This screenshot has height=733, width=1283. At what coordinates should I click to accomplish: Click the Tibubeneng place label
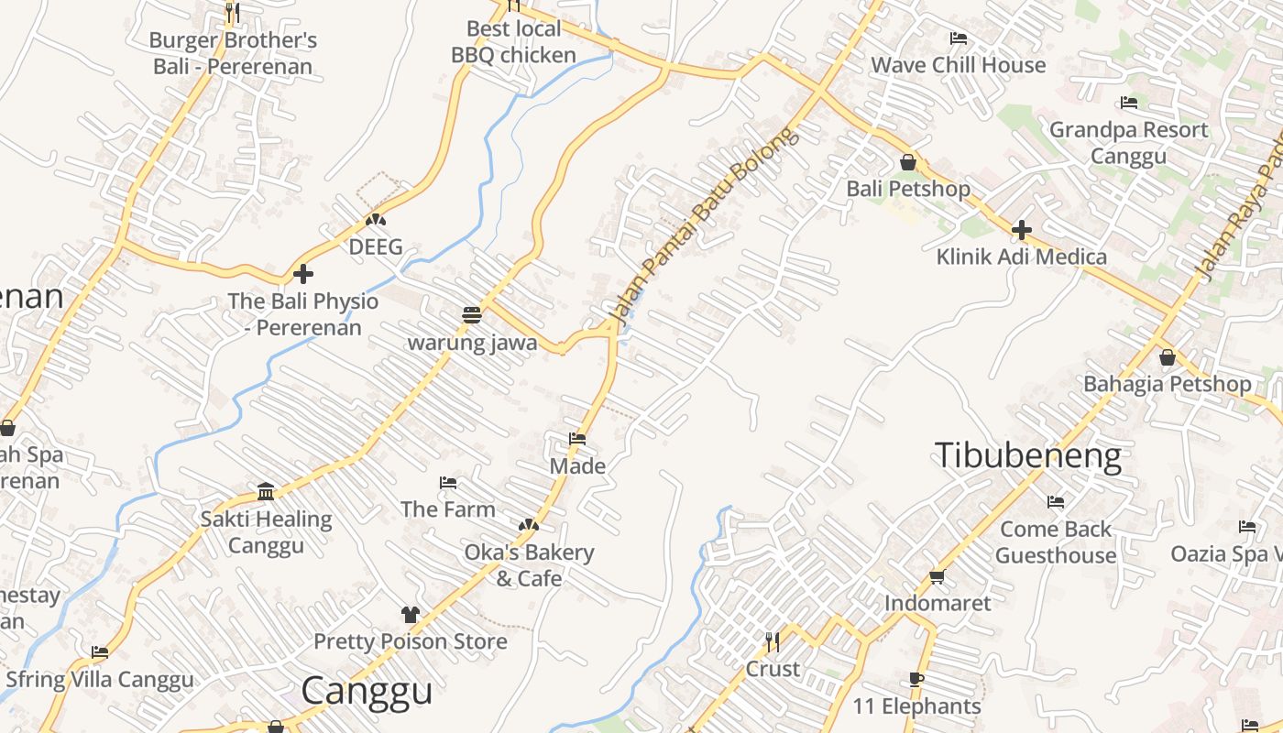click(x=1027, y=455)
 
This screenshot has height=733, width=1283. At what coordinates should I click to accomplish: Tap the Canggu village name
click(x=367, y=690)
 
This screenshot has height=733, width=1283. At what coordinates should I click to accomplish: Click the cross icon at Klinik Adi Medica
click(x=1022, y=230)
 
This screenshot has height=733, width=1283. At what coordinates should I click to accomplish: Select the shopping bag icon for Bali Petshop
click(x=908, y=162)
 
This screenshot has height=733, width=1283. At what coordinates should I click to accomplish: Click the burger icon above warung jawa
click(x=472, y=315)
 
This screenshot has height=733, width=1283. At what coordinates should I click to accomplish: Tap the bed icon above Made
click(x=577, y=439)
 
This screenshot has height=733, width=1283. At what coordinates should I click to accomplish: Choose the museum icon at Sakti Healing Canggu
click(x=266, y=492)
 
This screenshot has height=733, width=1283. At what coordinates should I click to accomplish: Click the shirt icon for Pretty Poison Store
click(x=410, y=614)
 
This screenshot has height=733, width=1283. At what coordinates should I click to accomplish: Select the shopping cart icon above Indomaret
click(x=937, y=576)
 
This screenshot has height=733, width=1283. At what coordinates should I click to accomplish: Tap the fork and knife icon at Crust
click(x=773, y=640)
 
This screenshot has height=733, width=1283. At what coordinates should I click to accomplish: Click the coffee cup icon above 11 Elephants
click(x=916, y=679)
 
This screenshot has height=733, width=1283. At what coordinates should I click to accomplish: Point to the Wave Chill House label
click(x=958, y=65)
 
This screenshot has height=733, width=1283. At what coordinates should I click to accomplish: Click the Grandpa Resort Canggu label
click(x=1128, y=142)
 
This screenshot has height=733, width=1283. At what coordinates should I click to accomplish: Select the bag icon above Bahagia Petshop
click(x=1168, y=357)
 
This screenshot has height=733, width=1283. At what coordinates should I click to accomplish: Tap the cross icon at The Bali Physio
click(x=303, y=274)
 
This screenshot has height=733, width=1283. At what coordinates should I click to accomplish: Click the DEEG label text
click(x=376, y=247)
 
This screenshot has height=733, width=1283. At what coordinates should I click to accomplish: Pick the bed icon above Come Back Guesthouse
click(x=1056, y=502)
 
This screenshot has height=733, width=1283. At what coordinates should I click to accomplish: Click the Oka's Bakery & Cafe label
click(x=529, y=565)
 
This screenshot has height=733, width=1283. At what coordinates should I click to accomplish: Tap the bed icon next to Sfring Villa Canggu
click(x=100, y=652)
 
